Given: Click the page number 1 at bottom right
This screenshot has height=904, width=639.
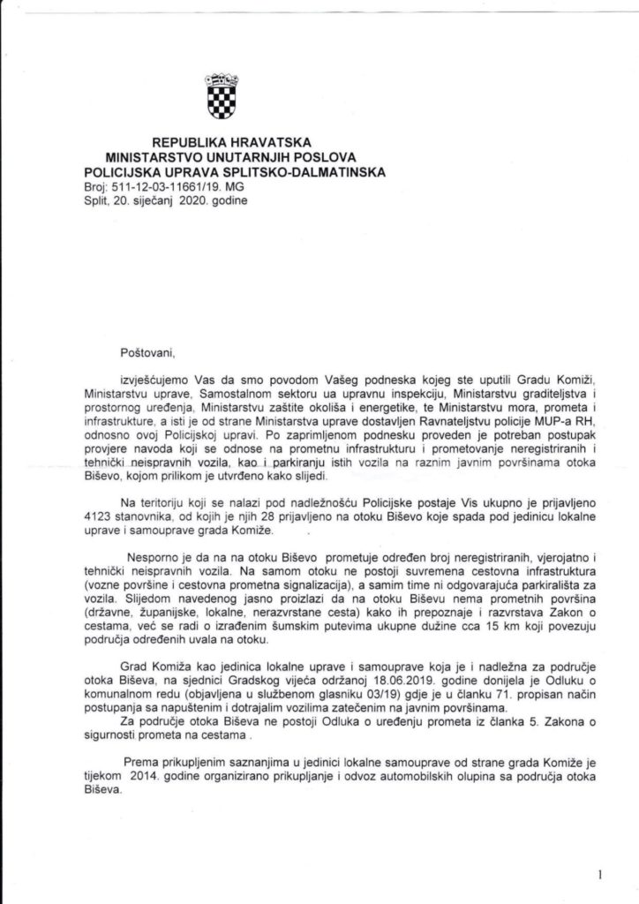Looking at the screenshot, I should pyautogui.click(x=599, y=874).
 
